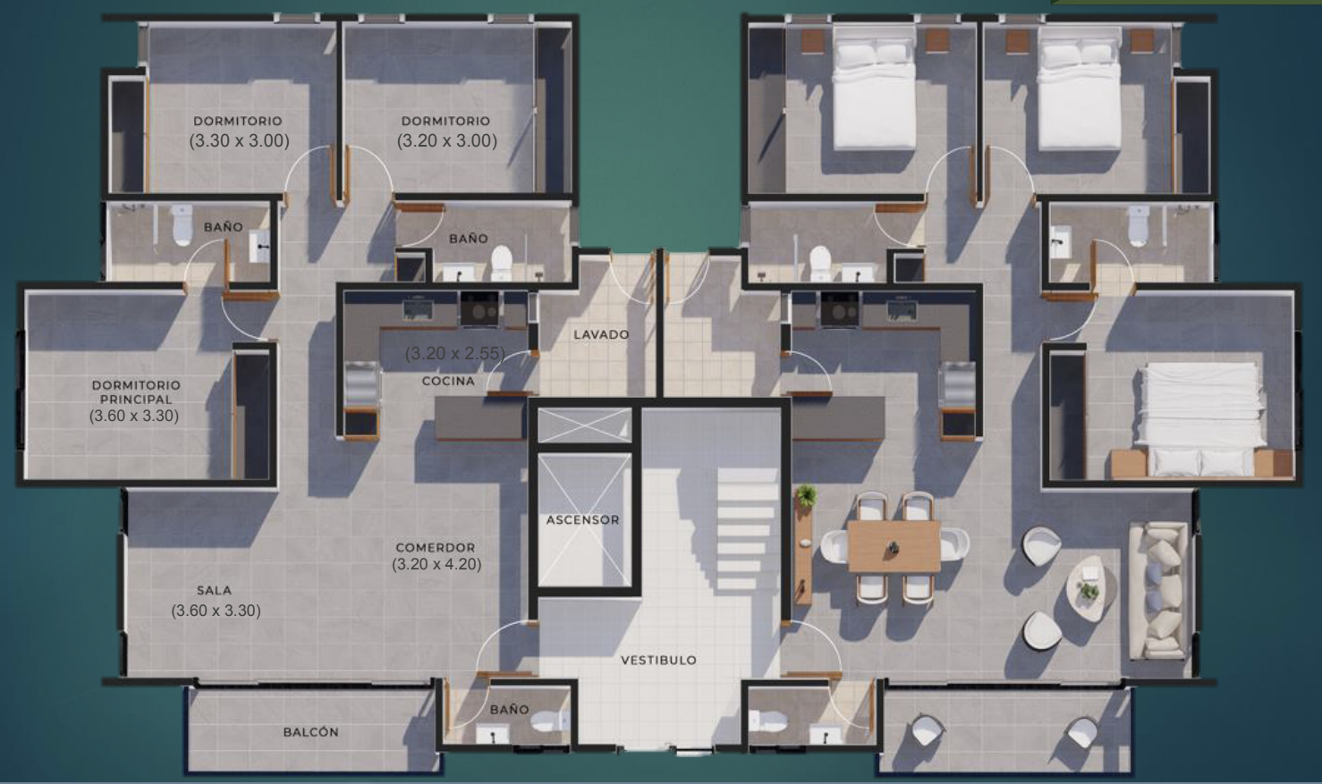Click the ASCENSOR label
coord(582,519)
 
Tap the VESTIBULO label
coord(658,660)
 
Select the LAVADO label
coord(601,334)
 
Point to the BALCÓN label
coord(311,732)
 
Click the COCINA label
coord(448,381)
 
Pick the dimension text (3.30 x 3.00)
coord(239,141)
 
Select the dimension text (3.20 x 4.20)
coord(436,564)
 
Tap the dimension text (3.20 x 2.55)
coord(455,353)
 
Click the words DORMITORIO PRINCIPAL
coord(136,392)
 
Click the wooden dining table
coord(894,546)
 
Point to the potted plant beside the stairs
coord(806,495)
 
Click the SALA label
coord(215,591)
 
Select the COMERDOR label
coord(436,547)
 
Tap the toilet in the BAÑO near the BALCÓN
coord(548,721)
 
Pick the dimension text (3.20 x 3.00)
coord(446,141)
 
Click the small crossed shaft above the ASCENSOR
coord(584,425)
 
